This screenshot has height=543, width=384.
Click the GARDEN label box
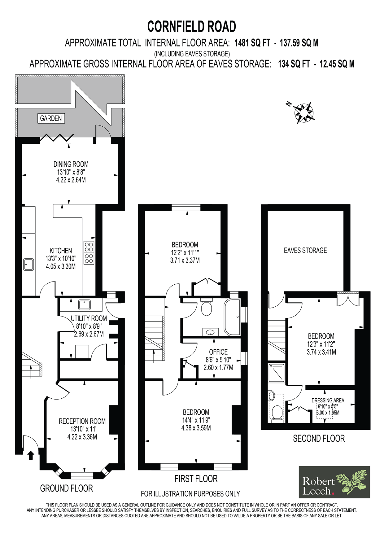[51, 118]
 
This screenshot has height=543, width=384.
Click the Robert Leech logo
[334, 482]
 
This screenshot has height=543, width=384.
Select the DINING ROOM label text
[71, 164]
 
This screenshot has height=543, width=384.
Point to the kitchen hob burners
[89, 252]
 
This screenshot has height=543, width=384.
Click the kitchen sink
[29, 264]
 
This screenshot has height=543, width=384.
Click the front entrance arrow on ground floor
[31, 455]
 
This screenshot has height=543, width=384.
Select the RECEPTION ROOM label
[82, 421]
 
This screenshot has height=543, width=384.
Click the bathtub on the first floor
[232, 317]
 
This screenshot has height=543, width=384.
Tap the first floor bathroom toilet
[206, 307]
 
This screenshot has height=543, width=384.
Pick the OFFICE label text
[218, 352]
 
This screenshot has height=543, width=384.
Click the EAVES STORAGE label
[305, 250]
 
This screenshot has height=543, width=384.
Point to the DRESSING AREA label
[328, 401]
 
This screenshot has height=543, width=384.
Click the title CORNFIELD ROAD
[192, 27]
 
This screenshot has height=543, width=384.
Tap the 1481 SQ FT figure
[252, 43]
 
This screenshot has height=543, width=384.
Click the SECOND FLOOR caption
[319, 439]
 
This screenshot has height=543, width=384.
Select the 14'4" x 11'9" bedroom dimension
[196, 420]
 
